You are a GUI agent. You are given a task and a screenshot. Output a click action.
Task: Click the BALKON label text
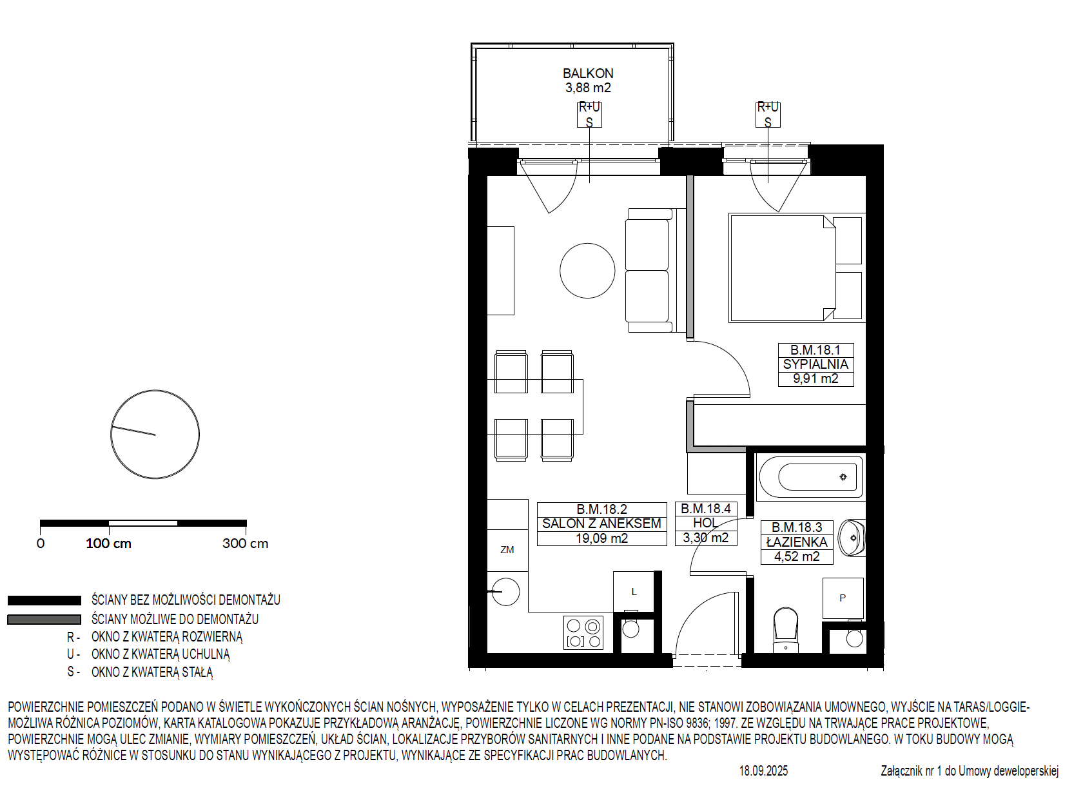point(588,73)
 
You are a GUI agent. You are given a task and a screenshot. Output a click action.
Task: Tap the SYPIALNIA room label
point(815,364)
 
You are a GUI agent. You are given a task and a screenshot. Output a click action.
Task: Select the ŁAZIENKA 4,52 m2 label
point(797,542)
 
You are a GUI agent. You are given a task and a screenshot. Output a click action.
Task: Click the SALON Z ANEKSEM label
point(601,524)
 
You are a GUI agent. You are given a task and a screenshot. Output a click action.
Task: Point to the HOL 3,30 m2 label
point(706,524)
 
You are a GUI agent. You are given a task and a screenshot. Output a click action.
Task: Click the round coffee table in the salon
point(587,271)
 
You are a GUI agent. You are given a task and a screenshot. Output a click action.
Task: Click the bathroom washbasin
point(851,538)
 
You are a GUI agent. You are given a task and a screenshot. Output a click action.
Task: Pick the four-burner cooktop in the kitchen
point(583,632)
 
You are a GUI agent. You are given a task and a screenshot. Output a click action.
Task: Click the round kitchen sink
point(505,591)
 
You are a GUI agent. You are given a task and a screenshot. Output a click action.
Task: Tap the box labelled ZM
point(507,550)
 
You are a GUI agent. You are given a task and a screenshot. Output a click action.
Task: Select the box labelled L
point(634,591)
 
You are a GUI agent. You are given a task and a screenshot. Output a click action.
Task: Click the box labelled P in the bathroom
point(843,598)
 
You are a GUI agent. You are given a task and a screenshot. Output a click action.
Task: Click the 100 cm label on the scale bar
point(108,543)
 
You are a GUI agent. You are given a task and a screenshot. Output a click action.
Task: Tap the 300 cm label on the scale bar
point(245,543)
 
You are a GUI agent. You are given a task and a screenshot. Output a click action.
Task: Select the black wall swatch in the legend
point(44,600)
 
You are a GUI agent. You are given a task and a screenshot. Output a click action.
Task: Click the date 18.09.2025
point(764,770)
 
